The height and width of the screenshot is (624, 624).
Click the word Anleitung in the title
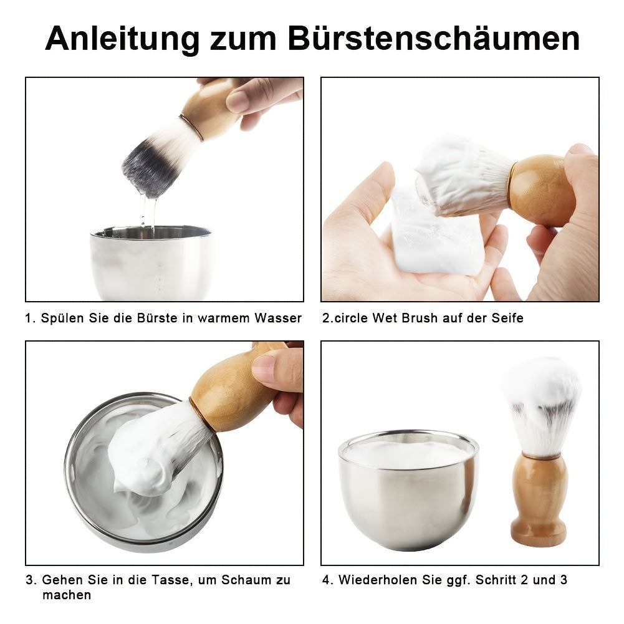click(x=122, y=39)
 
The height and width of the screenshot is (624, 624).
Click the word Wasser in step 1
click(x=277, y=319)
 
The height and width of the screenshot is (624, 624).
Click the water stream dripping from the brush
click(x=148, y=212)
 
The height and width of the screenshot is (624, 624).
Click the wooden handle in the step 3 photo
click(x=234, y=390)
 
